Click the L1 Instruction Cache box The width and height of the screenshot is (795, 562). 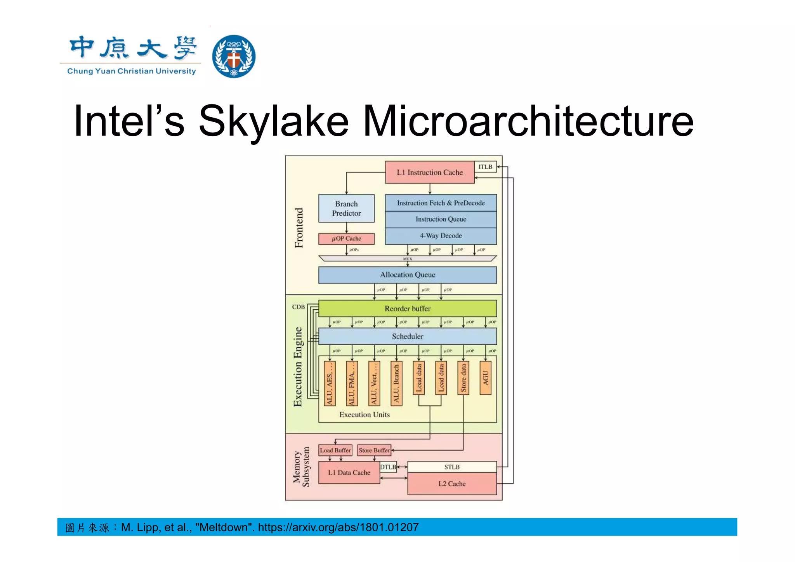click(429, 172)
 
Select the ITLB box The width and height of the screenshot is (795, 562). click(485, 167)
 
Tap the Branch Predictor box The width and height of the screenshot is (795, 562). click(346, 208)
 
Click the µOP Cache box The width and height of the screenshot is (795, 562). click(346, 239)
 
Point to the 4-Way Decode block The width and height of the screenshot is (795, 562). click(441, 236)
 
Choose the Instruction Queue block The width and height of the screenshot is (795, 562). click(441, 219)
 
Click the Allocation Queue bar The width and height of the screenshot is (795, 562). click(407, 275)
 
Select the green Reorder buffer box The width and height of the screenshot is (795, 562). click(407, 309)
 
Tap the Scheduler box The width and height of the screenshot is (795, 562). click(407, 337)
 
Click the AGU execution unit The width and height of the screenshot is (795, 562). click(485, 378)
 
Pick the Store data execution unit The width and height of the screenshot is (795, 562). click(463, 378)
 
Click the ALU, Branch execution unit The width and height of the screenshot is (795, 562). click(396, 383)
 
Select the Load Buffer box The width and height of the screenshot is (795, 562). click(335, 450)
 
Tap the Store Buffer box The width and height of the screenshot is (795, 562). click(374, 450)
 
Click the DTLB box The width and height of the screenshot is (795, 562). click(388, 467)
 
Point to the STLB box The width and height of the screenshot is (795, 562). click(452, 467)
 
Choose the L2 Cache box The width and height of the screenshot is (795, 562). click(452, 484)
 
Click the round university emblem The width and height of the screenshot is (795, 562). click(234, 56)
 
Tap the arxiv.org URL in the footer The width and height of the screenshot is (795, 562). click(338, 527)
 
